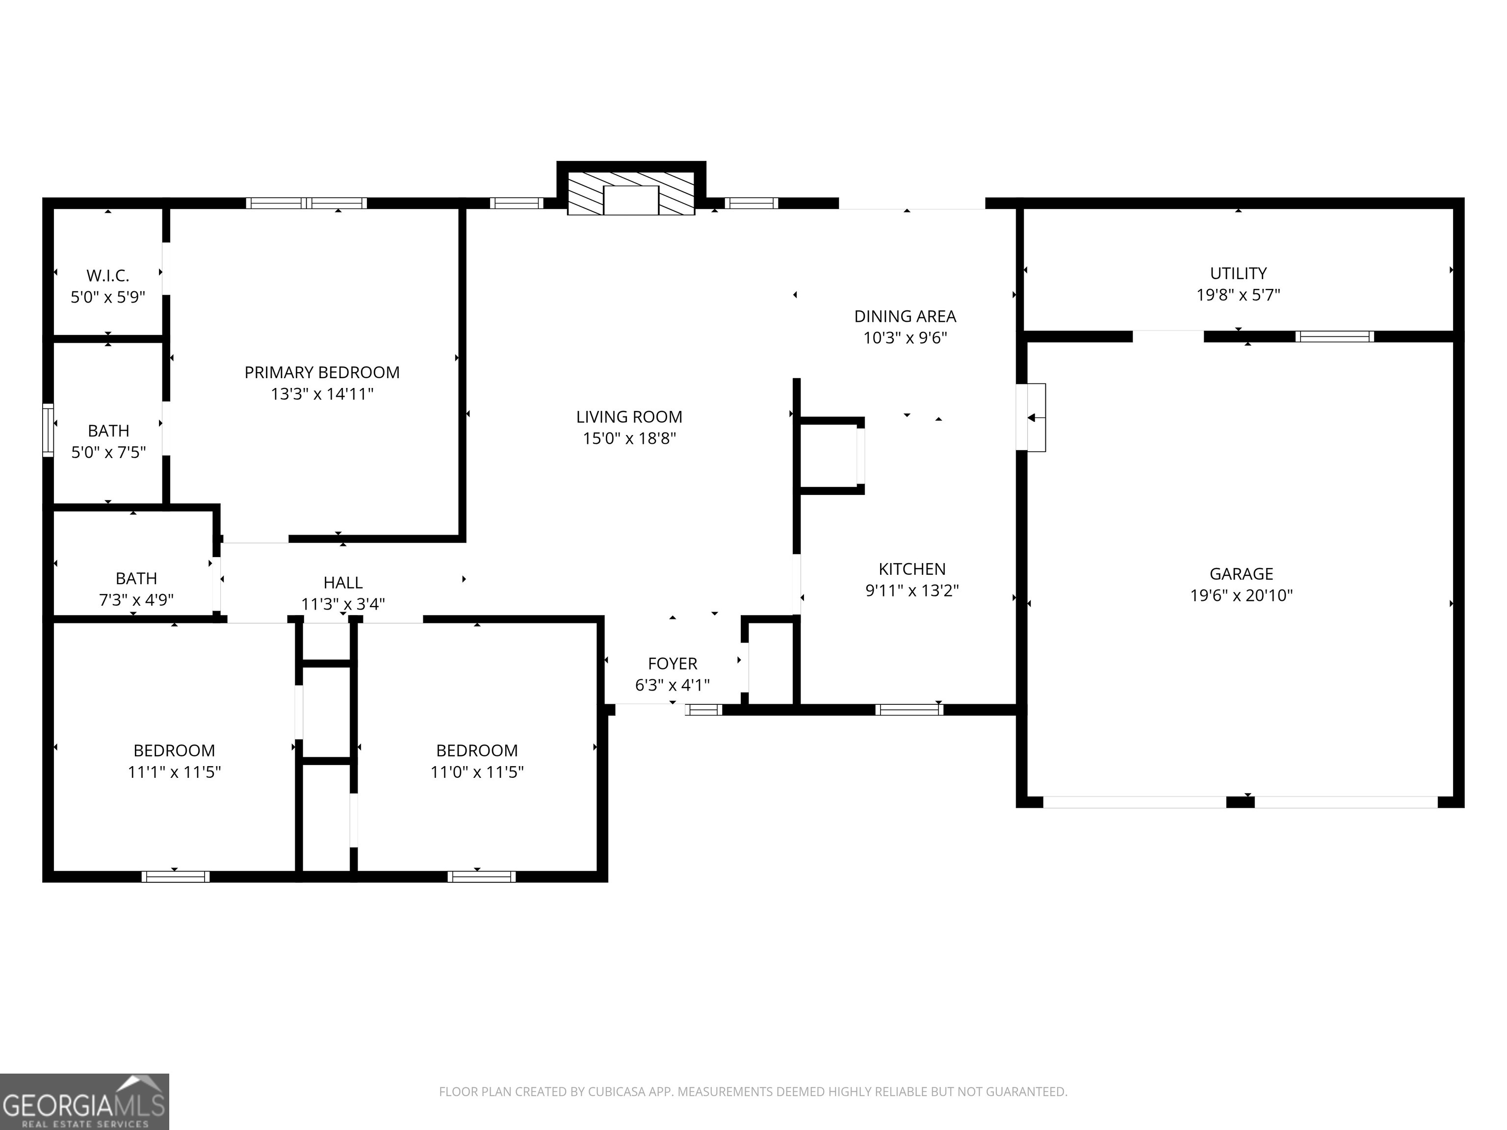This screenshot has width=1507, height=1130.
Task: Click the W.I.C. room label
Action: point(107,276)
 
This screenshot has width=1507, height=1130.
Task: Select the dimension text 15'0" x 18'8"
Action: point(629,438)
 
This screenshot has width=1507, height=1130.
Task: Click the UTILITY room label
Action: point(1238,273)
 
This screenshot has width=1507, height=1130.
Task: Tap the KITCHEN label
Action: point(911,569)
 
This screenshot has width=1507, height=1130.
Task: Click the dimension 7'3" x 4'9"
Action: point(136,599)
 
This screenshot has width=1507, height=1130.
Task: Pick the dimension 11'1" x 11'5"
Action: point(175,771)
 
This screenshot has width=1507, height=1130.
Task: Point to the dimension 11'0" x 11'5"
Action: point(477,771)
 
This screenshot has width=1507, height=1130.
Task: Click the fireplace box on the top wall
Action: point(631,199)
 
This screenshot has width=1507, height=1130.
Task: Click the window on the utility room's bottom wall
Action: point(1334,336)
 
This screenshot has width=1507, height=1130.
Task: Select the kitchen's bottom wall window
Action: point(909,710)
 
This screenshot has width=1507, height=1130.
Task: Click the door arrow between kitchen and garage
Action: point(1032,417)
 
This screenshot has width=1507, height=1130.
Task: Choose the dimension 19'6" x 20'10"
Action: point(1241,595)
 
